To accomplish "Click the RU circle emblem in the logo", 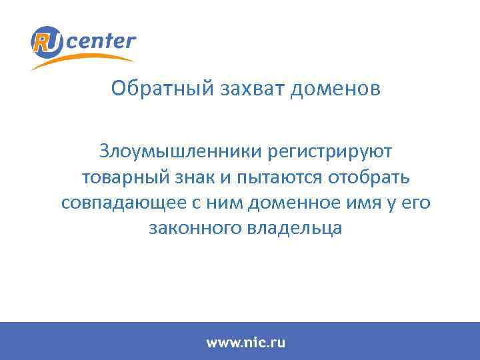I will click(47, 42).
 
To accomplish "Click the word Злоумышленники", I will click(180, 151).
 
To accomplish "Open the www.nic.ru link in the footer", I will click(245, 343).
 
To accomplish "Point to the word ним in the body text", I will click(219, 203).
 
